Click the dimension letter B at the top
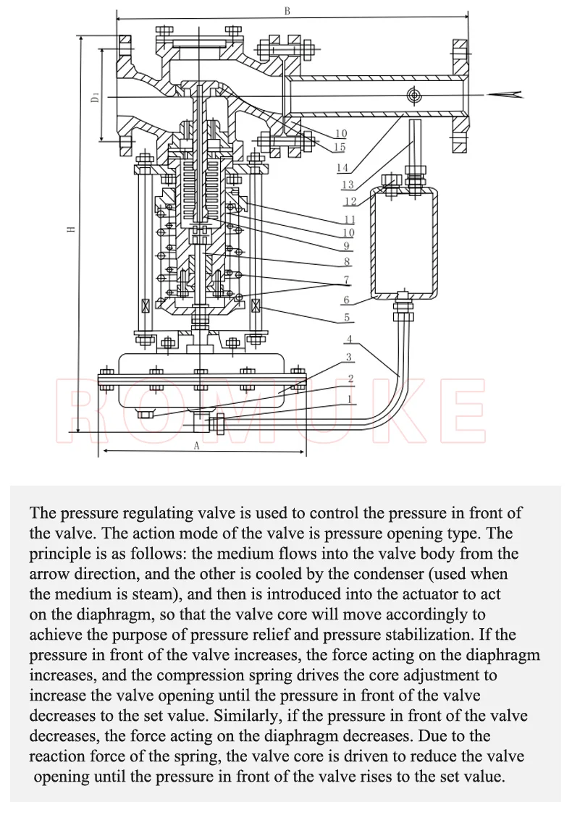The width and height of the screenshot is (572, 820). (287, 11)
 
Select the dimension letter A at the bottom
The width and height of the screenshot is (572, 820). (197, 446)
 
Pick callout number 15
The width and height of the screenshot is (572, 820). (340, 147)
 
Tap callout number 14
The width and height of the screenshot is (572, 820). (342, 168)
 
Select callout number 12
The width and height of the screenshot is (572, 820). (350, 201)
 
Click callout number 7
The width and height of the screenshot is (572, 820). (346, 280)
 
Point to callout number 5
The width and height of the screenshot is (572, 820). (346, 317)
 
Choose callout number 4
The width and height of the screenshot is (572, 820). (350, 339)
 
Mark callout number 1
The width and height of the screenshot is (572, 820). (350, 399)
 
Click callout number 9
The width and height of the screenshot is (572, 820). (346, 245)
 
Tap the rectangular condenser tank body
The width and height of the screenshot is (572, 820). (404, 243)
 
